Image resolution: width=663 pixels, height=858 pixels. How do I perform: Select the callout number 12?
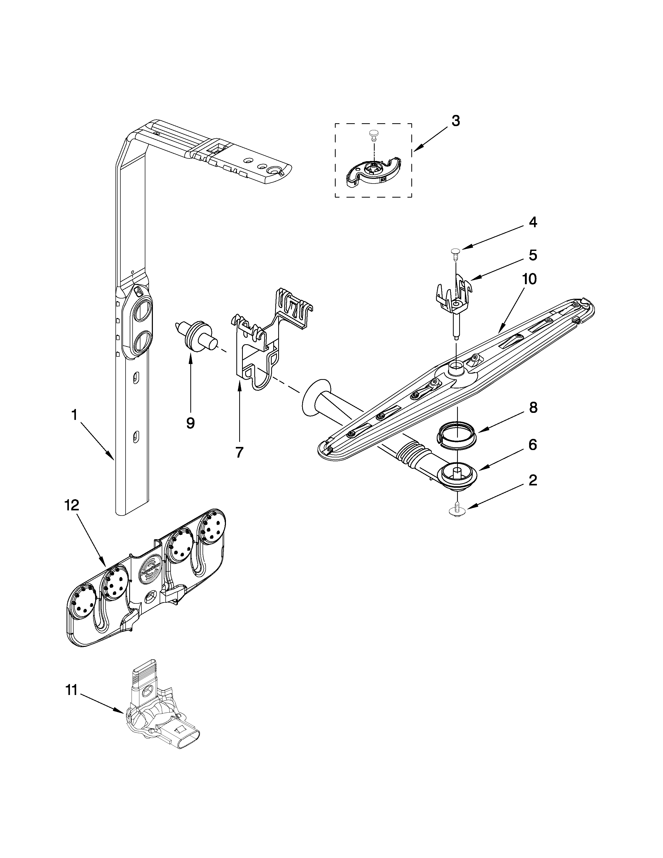(71, 505)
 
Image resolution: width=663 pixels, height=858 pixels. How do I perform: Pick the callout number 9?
(191, 423)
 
